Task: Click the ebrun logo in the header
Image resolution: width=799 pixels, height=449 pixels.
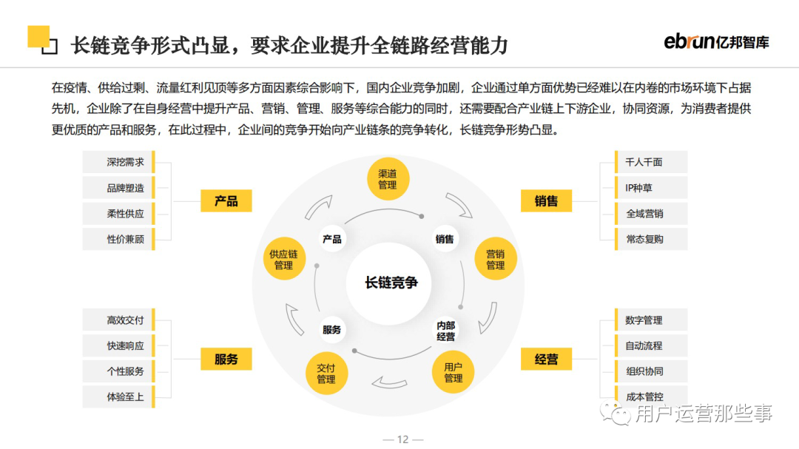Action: click(715, 42)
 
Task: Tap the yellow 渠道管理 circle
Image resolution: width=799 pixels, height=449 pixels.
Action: click(388, 179)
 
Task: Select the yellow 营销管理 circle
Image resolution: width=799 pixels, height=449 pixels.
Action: click(495, 259)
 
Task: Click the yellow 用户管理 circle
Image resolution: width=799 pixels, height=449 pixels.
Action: click(453, 372)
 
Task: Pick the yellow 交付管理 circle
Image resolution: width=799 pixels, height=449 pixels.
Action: click(326, 373)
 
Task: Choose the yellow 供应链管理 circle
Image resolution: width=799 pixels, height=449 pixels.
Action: click(283, 259)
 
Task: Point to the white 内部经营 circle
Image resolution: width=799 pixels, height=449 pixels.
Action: click(445, 330)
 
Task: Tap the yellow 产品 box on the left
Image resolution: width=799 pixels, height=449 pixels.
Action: click(226, 200)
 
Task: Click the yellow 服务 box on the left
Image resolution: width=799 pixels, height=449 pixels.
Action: click(226, 359)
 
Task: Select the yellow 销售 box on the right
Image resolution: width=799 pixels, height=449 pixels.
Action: click(546, 200)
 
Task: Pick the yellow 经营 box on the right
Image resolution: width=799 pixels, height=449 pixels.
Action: click(546, 359)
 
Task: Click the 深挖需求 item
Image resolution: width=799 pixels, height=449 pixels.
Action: click(125, 162)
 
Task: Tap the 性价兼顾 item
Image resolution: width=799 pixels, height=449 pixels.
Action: click(125, 239)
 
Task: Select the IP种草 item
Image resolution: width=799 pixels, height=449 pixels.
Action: click(644, 188)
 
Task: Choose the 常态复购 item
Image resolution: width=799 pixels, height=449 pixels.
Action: click(644, 239)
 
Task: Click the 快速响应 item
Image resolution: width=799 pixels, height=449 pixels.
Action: click(125, 345)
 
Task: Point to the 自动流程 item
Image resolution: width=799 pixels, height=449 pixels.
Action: click(644, 345)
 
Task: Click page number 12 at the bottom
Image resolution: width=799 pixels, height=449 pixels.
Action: click(402, 439)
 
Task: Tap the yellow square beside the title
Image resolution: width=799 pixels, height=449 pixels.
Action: click(38, 36)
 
